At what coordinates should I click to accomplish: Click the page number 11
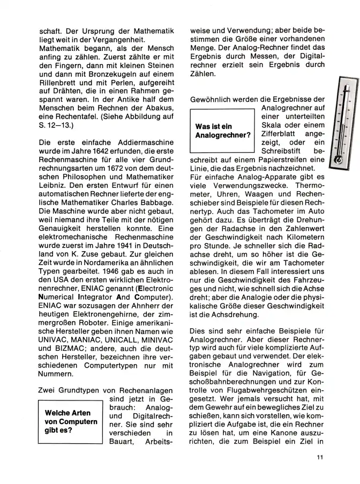click(320, 457)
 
